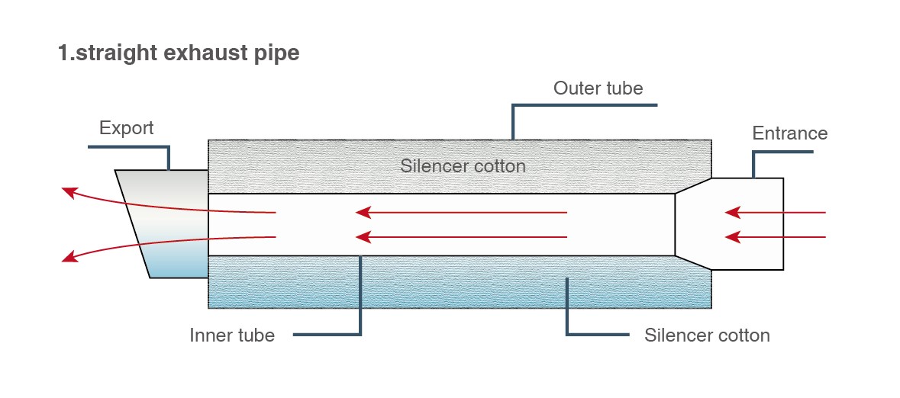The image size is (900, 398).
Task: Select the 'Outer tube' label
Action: click(x=598, y=88)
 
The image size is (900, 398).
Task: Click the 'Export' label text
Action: click(x=126, y=127)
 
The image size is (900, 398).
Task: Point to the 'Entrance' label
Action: click(x=789, y=133)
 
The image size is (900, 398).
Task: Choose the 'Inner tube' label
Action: click(x=232, y=335)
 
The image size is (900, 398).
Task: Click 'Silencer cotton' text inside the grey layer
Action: click(x=463, y=165)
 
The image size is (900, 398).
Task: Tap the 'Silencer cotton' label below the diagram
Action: click(x=707, y=335)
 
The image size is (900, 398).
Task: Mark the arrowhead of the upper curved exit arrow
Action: click(x=69, y=191)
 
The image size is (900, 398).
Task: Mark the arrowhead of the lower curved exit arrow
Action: click(x=69, y=258)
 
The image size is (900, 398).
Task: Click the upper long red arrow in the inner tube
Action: click(x=462, y=212)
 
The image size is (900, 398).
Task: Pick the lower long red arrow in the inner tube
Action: click(x=462, y=237)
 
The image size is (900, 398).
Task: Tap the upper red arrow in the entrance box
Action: click(x=775, y=212)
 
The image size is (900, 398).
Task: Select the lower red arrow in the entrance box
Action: click(x=775, y=237)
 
